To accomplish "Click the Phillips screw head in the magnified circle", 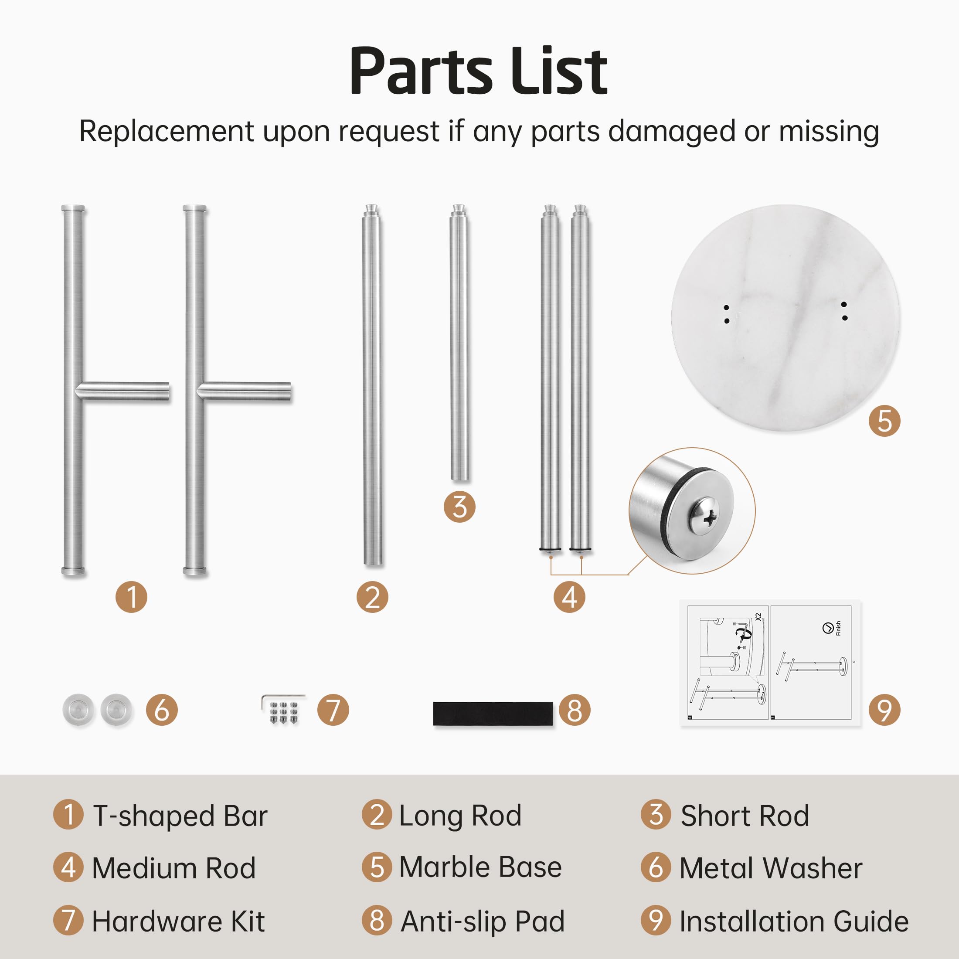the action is (704, 517).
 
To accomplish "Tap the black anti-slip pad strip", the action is (493, 714).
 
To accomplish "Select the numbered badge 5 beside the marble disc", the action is (884, 421).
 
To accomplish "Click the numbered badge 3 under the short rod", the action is (459, 507).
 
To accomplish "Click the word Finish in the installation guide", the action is (838, 628).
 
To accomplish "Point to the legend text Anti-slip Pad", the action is (483, 922).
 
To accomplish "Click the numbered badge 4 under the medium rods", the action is (569, 597).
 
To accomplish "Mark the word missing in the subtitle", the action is (829, 132).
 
